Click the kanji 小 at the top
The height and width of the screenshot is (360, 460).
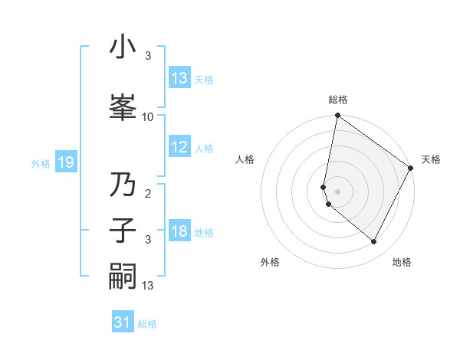123,47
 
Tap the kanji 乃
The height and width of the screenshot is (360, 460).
123,186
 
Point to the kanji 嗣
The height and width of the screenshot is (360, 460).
123,276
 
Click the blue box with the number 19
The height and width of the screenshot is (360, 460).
65,162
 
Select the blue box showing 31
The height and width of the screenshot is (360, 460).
122,323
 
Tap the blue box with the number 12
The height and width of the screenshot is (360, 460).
179,148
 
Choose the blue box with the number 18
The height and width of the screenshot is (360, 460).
179,232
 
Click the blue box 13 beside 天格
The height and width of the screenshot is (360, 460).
179,78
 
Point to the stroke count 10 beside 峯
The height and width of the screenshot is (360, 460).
148,116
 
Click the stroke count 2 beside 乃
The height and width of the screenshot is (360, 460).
148,195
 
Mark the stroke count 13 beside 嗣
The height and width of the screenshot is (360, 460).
148,285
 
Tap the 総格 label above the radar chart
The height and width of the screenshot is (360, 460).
338,100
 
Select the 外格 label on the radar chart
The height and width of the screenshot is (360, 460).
270,262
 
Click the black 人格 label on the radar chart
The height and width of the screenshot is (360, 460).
245,159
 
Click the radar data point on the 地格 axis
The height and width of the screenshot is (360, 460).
374,242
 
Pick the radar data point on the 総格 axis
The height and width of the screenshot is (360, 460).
337,116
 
